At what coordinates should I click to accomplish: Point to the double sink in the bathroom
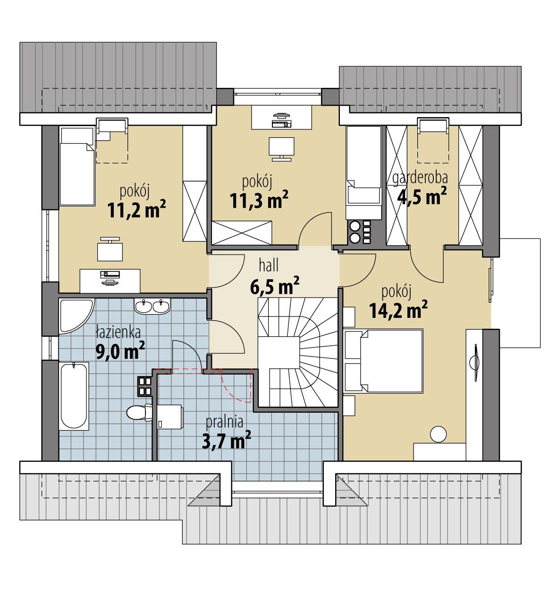(x=152, y=307)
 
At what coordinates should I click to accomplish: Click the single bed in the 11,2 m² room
(x=76, y=175)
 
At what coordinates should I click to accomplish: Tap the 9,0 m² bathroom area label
(x=120, y=351)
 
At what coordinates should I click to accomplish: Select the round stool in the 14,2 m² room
(x=439, y=434)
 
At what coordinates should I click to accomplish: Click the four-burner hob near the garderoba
(x=359, y=232)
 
